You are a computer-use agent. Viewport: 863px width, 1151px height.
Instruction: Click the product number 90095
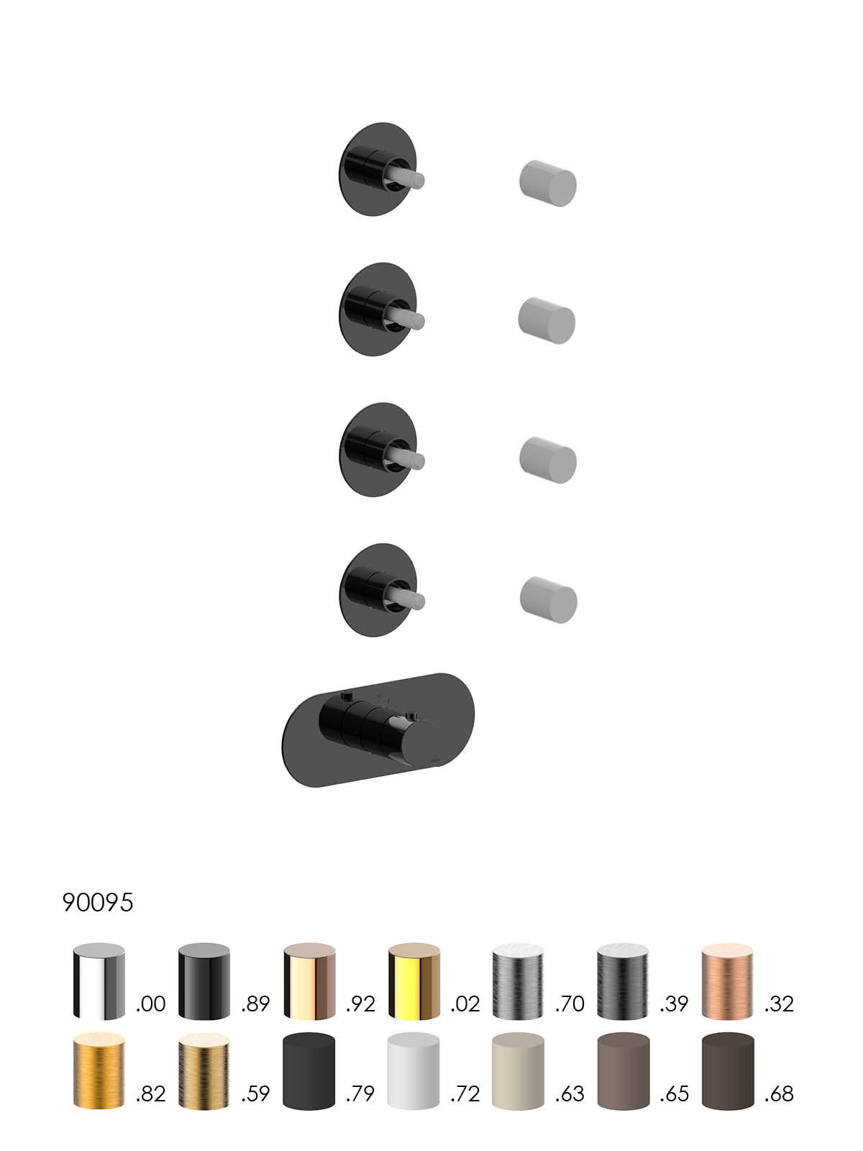tap(98, 902)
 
